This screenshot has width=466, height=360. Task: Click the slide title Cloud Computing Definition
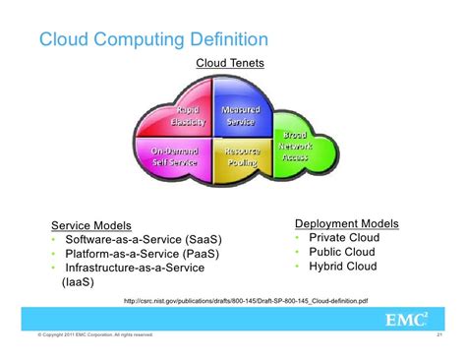click(152, 39)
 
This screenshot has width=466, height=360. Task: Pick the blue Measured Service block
click(240, 116)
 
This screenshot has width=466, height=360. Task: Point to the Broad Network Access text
click(296, 144)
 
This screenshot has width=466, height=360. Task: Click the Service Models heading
click(90, 225)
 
